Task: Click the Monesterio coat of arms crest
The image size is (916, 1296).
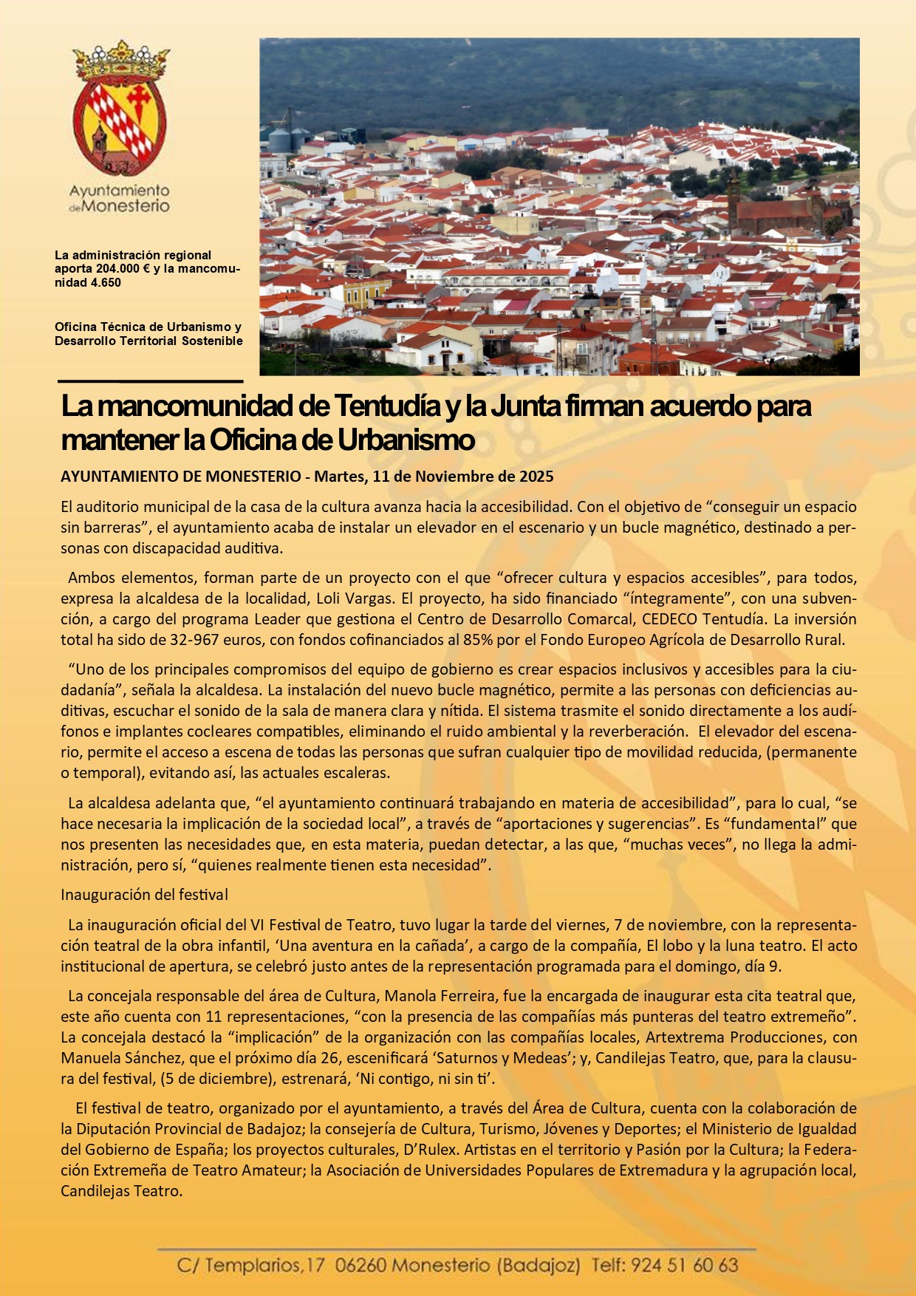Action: pyautogui.click(x=120, y=109)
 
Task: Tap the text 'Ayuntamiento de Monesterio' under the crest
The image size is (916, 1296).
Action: pyautogui.click(x=120, y=199)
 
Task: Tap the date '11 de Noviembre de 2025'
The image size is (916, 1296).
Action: pyautogui.click(x=463, y=477)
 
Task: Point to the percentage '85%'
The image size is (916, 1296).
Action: pyautogui.click(x=478, y=640)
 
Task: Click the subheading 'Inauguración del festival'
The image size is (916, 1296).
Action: pyautogui.click(x=144, y=895)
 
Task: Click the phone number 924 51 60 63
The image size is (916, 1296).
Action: pyautogui.click(x=684, y=1265)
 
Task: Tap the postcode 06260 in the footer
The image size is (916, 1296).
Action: pyautogui.click(x=360, y=1265)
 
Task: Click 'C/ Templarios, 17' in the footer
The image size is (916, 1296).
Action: pyautogui.click(x=250, y=1265)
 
